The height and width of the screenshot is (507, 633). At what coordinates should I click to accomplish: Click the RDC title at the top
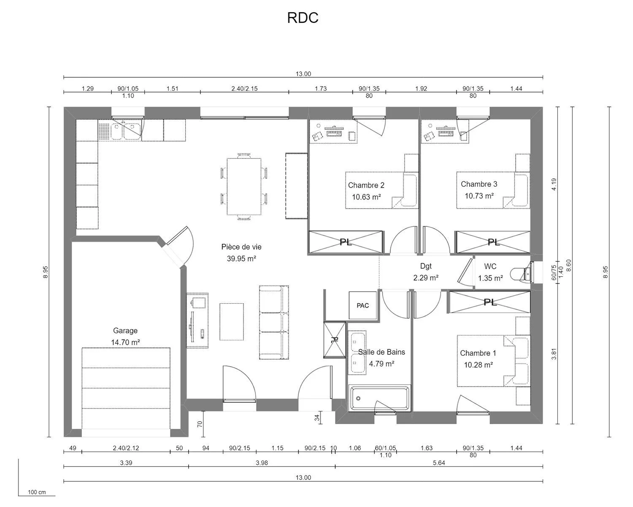[x=303, y=18]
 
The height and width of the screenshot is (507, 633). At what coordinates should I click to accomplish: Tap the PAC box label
[x=362, y=305]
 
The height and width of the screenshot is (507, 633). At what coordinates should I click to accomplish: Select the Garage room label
[x=125, y=330]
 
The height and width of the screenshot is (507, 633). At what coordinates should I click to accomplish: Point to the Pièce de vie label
[x=241, y=247]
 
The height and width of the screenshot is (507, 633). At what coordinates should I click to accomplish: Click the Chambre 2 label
[x=366, y=185]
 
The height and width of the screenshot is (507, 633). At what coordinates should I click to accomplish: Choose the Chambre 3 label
[x=479, y=184]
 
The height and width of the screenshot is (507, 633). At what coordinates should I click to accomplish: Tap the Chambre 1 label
[x=478, y=353]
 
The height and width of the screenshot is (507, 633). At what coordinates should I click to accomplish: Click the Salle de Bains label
[x=381, y=352]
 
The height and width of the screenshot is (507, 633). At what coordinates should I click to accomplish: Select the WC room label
[x=490, y=266]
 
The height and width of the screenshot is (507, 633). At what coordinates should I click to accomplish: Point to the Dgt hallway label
[x=426, y=266]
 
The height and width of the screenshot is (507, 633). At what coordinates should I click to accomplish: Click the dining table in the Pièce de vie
[x=244, y=186]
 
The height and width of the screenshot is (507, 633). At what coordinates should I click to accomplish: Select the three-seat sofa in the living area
[x=274, y=323]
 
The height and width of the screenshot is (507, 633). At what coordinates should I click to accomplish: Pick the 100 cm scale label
[x=37, y=492]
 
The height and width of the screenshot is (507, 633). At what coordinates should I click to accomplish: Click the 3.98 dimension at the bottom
[x=262, y=463]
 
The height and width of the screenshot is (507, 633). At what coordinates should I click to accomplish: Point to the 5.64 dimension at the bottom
[x=439, y=463]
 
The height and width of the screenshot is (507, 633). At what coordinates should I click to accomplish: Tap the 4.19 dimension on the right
[x=554, y=184]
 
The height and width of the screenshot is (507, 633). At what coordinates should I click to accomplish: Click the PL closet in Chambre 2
[x=346, y=242]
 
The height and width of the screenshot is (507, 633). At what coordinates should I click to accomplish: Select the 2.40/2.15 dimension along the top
[x=244, y=89]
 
